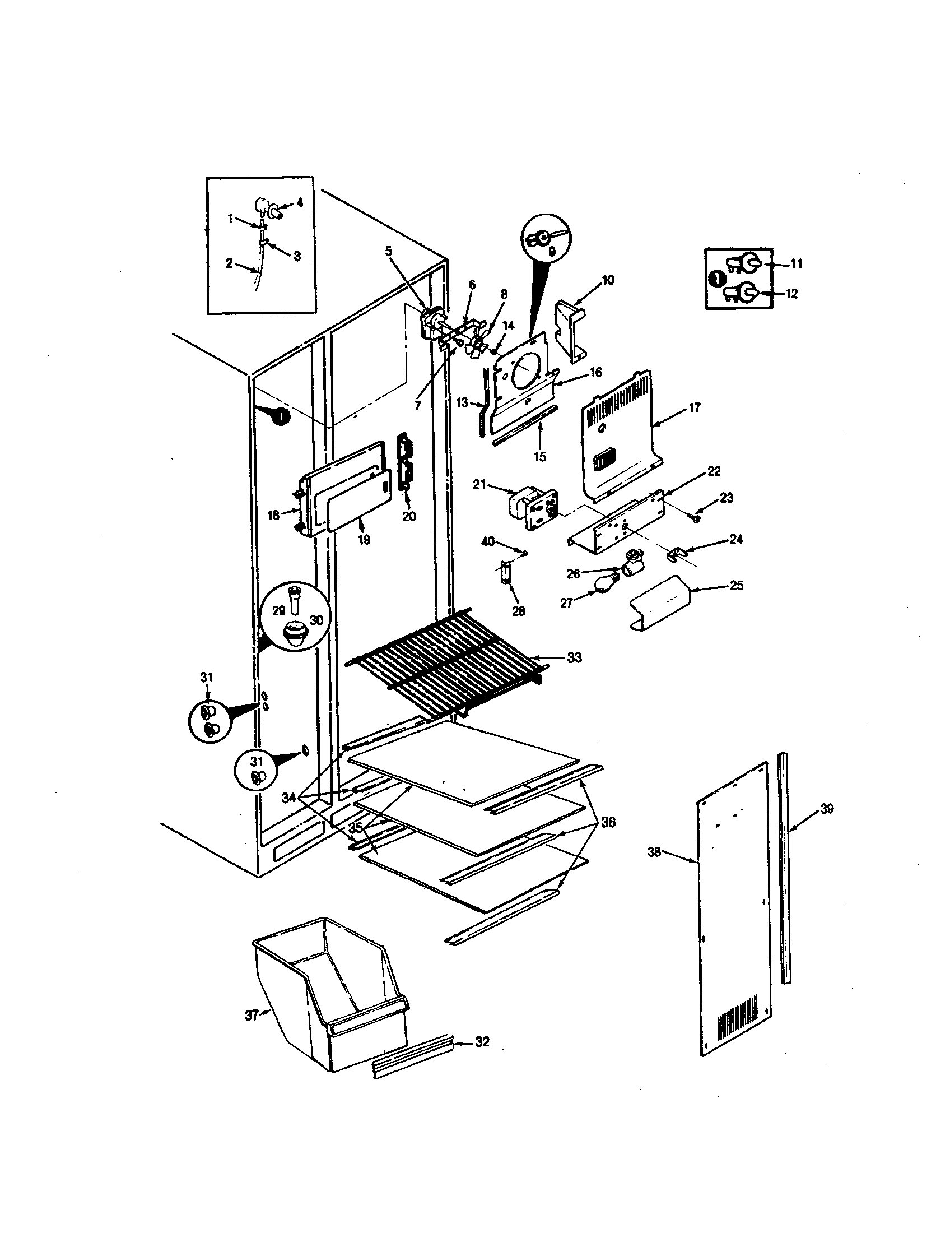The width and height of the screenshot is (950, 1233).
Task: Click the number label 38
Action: pyautogui.click(x=654, y=852)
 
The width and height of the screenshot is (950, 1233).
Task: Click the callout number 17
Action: pyautogui.click(x=695, y=407)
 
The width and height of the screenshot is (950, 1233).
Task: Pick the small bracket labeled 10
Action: pyautogui.click(x=570, y=330)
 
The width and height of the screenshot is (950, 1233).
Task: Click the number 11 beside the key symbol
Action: pyautogui.click(x=796, y=263)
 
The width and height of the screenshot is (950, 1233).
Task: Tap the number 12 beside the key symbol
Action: pyautogui.click(x=792, y=294)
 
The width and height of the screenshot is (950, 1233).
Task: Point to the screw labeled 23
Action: pyautogui.click(x=696, y=517)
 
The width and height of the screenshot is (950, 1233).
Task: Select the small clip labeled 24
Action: pyautogui.click(x=674, y=555)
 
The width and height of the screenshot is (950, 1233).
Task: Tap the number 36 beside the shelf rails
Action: pyautogui.click(x=608, y=822)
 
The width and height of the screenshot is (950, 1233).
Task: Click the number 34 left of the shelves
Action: pyautogui.click(x=289, y=798)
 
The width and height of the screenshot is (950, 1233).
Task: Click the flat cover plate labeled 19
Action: pyautogui.click(x=360, y=502)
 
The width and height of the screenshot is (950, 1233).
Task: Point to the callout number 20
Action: pyautogui.click(x=409, y=516)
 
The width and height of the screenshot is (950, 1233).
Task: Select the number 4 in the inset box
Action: pyautogui.click(x=300, y=202)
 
